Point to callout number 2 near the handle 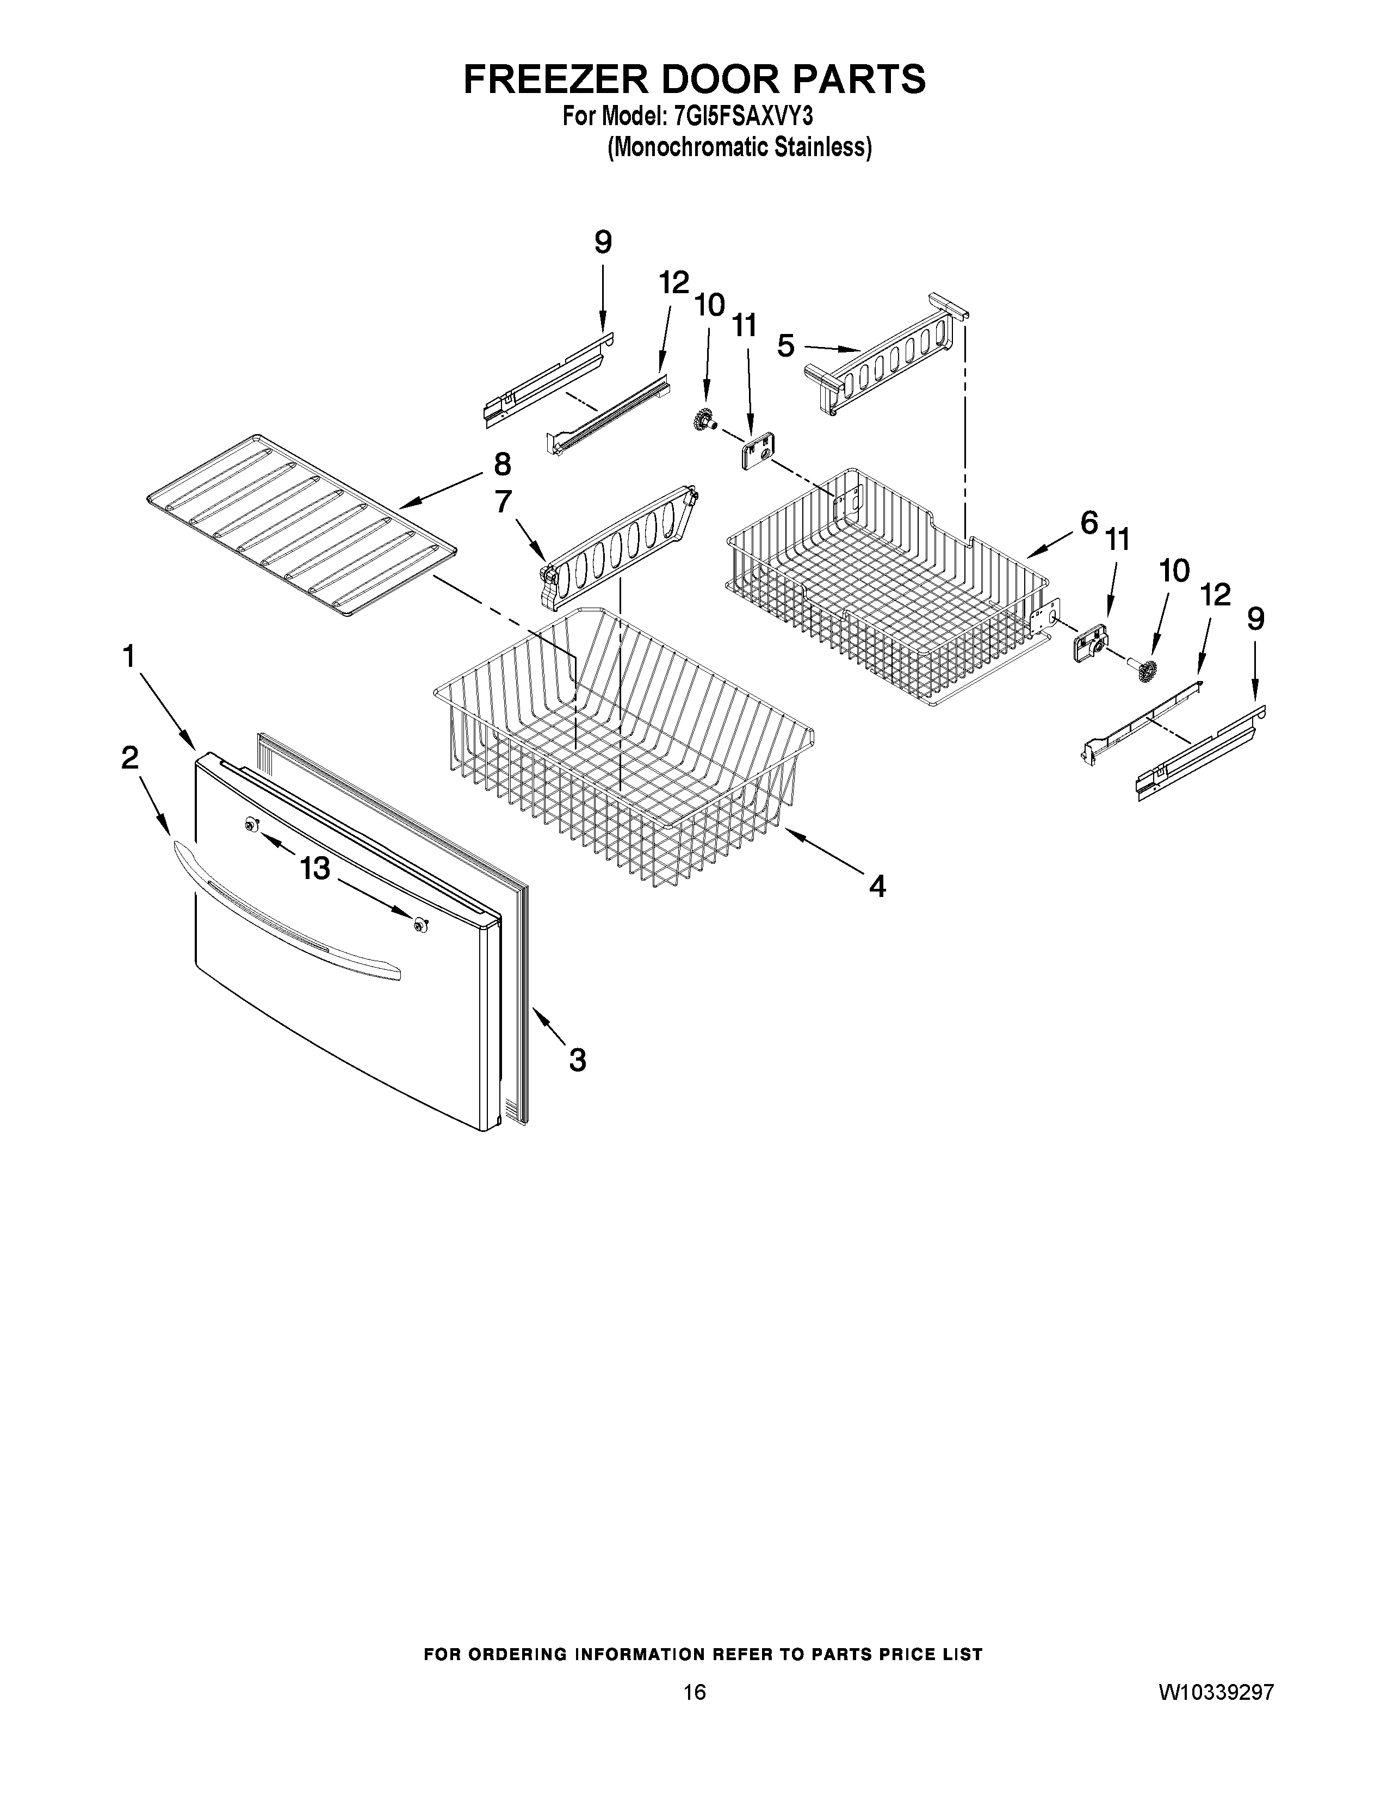(130, 757)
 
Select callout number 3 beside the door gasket (578, 1060)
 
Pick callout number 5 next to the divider (787, 346)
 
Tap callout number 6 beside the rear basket (1089, 522)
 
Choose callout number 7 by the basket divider (503, 502)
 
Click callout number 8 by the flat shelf (502, 465)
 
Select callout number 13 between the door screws (315, 868)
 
